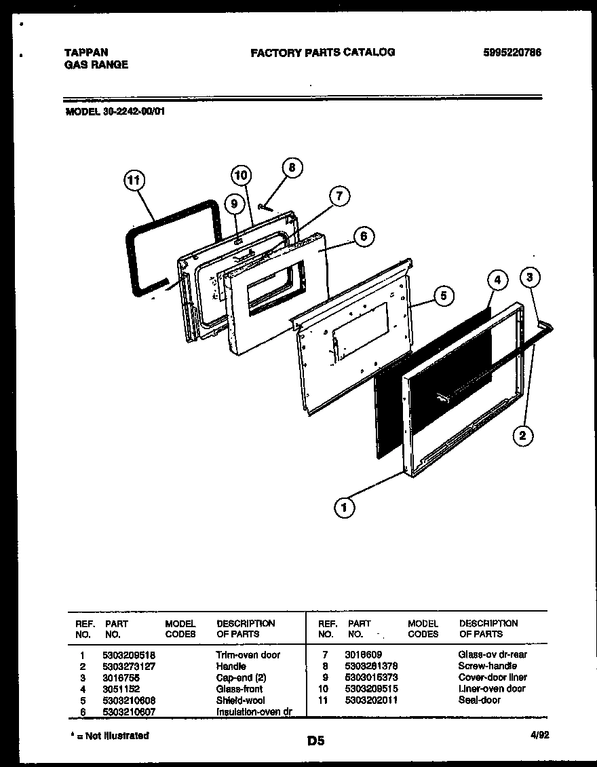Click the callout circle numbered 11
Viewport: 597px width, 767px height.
tap(135, 181)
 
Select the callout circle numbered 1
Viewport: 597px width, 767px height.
tap(345, 506)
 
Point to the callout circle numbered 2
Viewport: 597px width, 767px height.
tap(522, 435)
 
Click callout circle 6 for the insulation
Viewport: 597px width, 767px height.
tap(364, 236)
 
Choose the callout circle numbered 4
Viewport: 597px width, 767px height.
tap(497, 280)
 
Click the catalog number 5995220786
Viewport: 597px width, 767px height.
tap(512, 52)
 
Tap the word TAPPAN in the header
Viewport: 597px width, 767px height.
tap(85, 52)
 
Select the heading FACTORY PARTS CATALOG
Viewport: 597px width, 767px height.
tap(322, 52)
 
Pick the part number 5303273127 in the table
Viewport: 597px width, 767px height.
tap(130, 666)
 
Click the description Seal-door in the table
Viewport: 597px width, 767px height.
tap(480, 700)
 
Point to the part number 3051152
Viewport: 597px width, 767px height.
tap(122, 688)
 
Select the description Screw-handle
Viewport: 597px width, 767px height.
tap(488, 666)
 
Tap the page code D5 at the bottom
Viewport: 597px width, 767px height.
tap(315, 741)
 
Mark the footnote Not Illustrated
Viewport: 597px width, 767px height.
tap(115, 736)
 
